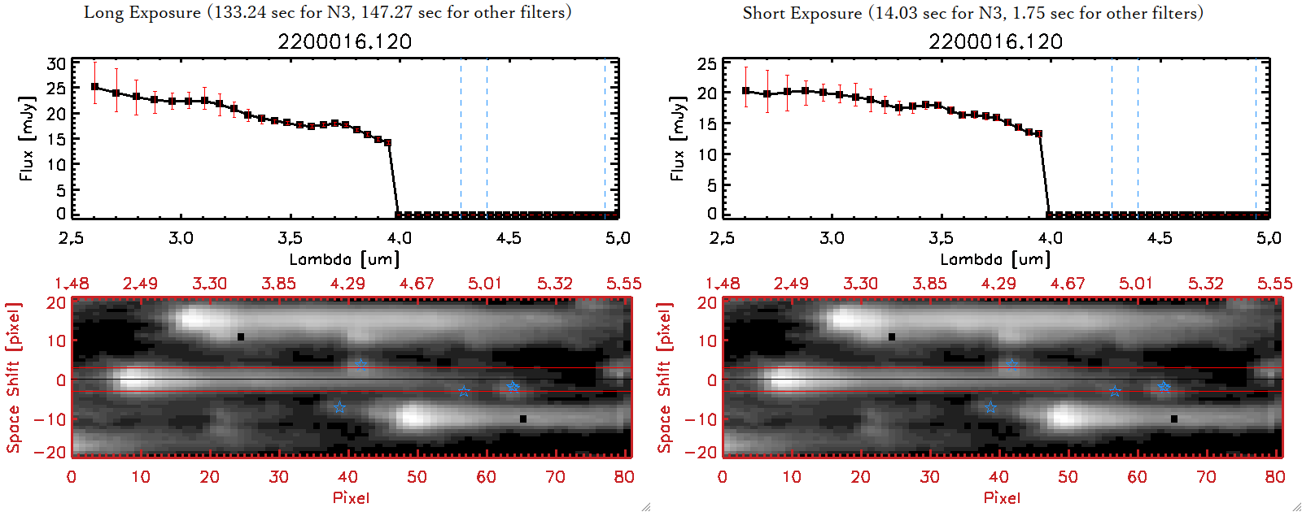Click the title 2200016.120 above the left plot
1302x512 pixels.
[344, 41]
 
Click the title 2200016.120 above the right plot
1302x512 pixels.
[995, 41]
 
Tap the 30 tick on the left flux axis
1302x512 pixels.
[56, 64]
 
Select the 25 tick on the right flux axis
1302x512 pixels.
[707, 64]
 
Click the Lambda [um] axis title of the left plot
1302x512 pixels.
[344, 259]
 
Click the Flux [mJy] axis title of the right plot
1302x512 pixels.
[677, 138]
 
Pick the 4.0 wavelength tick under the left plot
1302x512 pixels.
[399, 238]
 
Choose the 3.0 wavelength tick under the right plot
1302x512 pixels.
[832, 238]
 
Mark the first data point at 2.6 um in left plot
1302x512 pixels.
[94, 87]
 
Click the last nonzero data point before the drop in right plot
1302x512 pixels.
[1038, 134]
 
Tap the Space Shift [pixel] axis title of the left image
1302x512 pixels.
[13, 378]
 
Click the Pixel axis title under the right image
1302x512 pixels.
[1002, 497]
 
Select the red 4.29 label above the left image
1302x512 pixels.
[347, 284]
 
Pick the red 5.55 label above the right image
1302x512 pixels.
[1274, 284]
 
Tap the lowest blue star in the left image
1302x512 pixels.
[339, 407]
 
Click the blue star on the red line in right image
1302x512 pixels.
[1011, 365]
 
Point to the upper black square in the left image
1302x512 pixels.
[241, 336]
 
